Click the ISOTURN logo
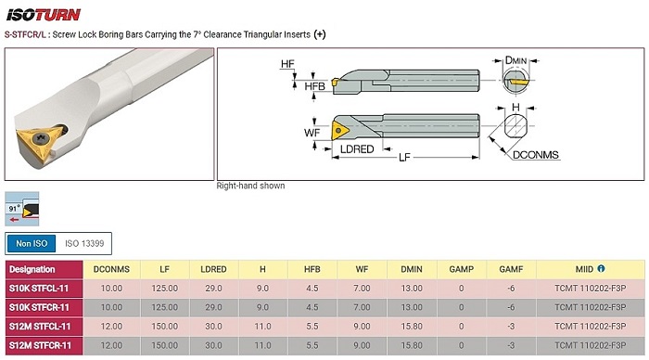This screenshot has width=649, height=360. (43, 16)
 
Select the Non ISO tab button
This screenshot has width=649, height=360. (32, 244)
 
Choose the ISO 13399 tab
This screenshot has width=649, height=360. (84, 244)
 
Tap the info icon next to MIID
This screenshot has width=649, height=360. (601, 268)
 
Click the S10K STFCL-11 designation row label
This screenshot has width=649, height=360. (39, 289)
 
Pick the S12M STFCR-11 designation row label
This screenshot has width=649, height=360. (40, 345)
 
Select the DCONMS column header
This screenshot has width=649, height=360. (111, 269)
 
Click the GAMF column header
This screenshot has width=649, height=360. (511, 269)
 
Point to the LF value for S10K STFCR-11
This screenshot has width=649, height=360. (165, 307)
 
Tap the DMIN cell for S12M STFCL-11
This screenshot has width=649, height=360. (412, 327)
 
